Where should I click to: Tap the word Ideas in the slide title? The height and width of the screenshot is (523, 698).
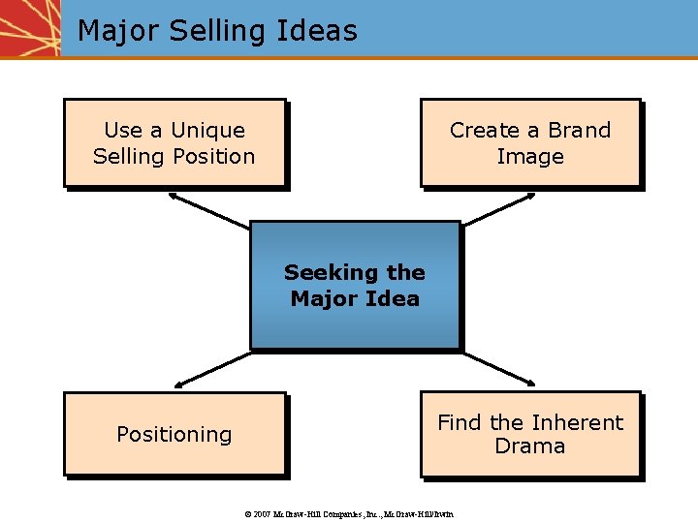click(315, 30)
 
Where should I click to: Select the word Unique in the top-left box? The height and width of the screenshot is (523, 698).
click(207, 131)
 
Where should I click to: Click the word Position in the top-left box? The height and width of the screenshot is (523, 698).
click(210, 156)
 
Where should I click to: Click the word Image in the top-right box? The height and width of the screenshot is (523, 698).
click(530, 156)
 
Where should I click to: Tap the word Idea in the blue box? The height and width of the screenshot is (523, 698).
click(394, 298)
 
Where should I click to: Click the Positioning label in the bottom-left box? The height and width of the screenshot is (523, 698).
click(174, 435)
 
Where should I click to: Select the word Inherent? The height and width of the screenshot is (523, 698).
click(577, 422)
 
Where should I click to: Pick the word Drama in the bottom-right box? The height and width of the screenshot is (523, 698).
click(530, 446)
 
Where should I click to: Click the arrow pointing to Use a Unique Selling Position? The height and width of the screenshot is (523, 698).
click(208, 210)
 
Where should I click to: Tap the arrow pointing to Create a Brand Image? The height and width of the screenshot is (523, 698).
click(498, 210)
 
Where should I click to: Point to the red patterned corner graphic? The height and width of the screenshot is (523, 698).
click(30, 27)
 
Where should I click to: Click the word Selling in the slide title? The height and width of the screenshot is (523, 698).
click(216, 30)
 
